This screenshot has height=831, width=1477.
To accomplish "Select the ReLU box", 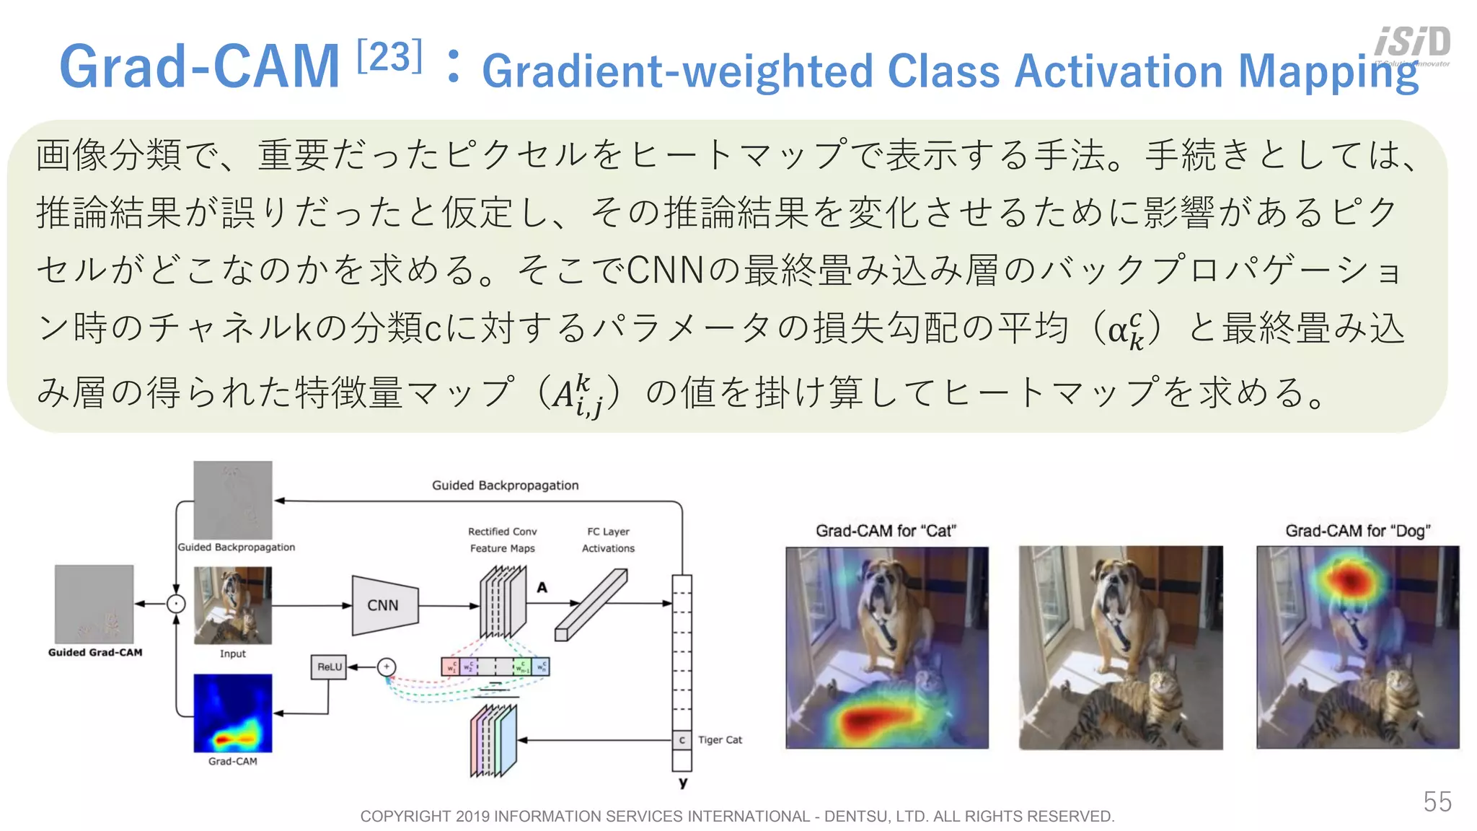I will pos(329,667).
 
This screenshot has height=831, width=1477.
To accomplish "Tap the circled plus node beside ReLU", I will pos(387,667).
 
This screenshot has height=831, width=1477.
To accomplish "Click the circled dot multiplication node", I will pos(176,604).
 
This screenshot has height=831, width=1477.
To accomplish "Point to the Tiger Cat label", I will pos(720,739).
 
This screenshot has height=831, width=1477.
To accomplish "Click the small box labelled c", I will pos(682,740).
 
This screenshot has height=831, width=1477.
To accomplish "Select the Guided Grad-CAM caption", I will pos(95,652).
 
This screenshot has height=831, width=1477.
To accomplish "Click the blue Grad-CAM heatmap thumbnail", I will pos(233,713).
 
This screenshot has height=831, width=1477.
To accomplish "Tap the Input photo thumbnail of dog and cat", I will pos(233,604).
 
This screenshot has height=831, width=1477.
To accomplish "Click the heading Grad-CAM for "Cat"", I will pos(886,531).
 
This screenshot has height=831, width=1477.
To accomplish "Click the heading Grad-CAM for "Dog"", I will pos(1357,531).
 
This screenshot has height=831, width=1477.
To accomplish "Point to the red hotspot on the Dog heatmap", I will pos(1349,578).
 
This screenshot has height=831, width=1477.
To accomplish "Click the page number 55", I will pos(1437,801).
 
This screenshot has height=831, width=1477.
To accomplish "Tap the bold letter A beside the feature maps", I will pos(542,587).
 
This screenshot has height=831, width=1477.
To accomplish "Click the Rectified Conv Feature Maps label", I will pos(503,540).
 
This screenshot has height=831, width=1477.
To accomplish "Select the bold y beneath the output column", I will pos(682,783).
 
